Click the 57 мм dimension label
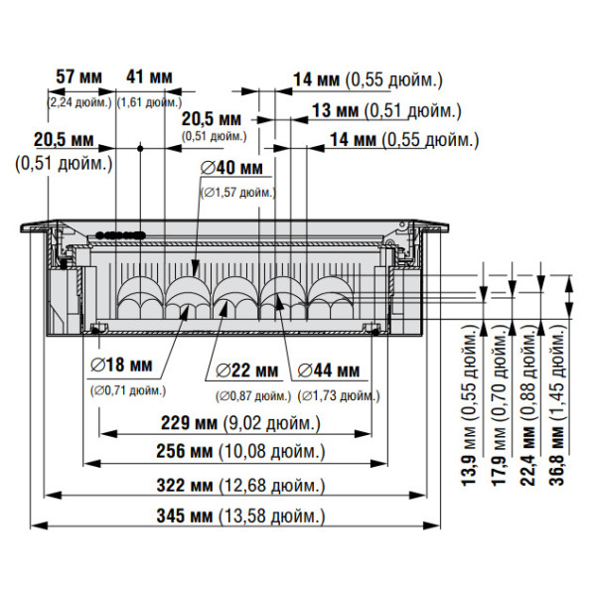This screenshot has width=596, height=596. tap(79, 77)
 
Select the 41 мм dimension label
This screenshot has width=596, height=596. tap(149, 77)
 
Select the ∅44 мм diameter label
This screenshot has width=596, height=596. tap(328, 371)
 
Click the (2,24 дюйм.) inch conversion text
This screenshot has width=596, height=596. tap(79, 101)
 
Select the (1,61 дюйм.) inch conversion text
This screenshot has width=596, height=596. tap(149, 101)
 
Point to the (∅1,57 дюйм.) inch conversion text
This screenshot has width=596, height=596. tap(238, 192)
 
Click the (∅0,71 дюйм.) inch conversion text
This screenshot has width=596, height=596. tap(127, 390)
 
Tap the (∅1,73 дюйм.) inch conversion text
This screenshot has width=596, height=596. tap(340, 395)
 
